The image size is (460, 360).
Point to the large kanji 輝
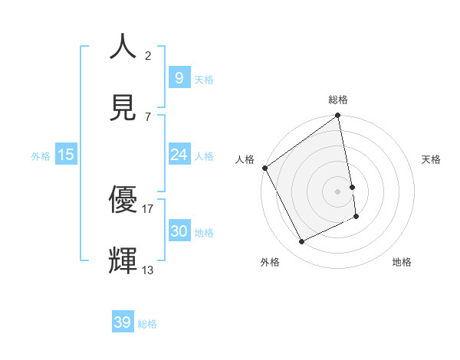[123, 260]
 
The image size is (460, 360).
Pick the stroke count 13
[148, 270]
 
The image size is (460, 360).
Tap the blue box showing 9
[179, 78]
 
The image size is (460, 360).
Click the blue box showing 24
[179, 155]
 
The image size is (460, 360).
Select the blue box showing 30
[179, 231]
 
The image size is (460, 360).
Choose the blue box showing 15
[66, 155]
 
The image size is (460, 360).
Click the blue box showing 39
[123, 322]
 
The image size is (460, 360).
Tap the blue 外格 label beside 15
[41, 156]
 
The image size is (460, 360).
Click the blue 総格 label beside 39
[147, 324]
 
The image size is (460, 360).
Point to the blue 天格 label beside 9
[204, 80]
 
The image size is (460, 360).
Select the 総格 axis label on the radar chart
[338, 100]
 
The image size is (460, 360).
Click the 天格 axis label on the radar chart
[432, 159]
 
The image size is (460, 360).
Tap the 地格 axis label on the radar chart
[402, 262]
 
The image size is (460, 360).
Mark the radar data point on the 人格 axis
[265, 168]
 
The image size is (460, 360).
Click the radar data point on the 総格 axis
[338, 116]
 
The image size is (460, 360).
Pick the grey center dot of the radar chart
[338, 191]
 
